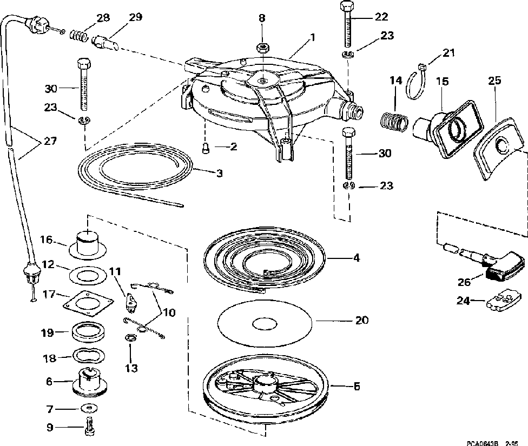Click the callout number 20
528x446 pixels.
tap(361, 321)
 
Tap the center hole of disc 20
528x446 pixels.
tap(265, 323)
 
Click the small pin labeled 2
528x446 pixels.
tap(205, 148)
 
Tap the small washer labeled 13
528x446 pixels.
tap(130, 338)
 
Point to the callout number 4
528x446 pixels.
tap(356, 258)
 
